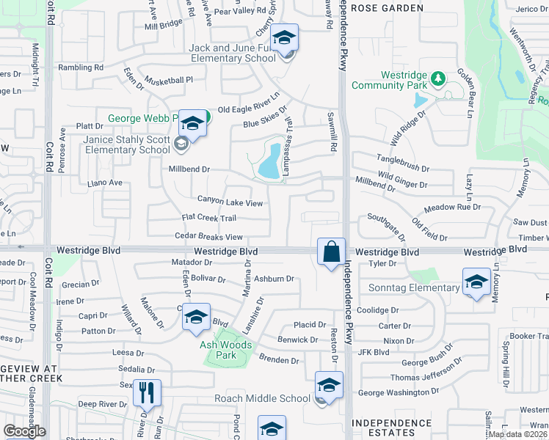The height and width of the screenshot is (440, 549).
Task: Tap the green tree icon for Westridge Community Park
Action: [x=438, y=78]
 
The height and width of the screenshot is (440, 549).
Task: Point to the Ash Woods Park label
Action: [x=227, y=345]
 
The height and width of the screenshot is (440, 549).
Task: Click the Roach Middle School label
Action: [x=262, y=398]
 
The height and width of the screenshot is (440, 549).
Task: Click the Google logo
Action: [x=24, y=430]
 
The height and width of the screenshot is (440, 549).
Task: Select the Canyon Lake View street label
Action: [x=230, y=201]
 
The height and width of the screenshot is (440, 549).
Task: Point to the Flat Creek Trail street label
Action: [x=209, y=219]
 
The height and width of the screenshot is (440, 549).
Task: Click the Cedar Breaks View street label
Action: [x=208, y=237]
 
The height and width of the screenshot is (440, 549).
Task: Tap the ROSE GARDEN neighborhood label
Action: [x=387, y=8]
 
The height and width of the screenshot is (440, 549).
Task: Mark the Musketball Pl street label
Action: [x=168, y=80]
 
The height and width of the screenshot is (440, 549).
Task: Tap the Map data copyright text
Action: [x=516, y=434]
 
